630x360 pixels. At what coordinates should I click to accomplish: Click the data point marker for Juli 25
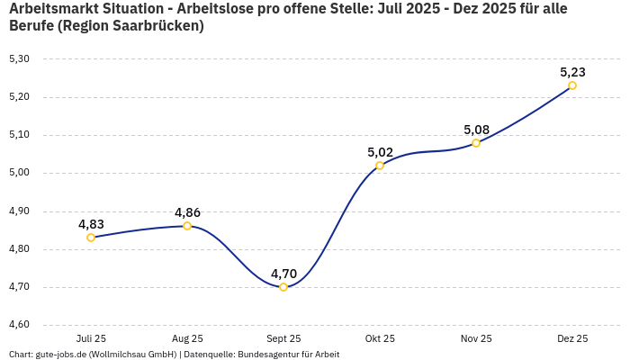click(91, 238)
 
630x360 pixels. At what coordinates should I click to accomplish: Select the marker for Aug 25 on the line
click(187, 226)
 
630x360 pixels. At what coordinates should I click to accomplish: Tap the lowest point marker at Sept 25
click(283, 287)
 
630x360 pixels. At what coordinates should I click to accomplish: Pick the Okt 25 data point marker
click(380, 166)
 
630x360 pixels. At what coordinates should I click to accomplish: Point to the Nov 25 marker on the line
click(476, 143)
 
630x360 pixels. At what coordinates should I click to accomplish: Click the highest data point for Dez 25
click(572, 85)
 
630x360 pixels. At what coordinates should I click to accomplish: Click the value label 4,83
click(91, 224)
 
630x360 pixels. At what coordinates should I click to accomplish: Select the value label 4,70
click(283, 274)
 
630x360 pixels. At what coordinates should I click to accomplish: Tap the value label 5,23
click(572, 72)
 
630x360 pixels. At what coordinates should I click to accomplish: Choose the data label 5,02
click(380, 152)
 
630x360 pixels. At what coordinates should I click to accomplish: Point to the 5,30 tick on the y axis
click(19, 59)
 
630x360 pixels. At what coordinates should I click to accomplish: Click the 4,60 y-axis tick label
click(19, 325)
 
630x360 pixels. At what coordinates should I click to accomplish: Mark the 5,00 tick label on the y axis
click(19, 173)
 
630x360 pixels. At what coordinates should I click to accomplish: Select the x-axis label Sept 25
click(283, 339)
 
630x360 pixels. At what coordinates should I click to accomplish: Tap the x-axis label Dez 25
click(572, 339)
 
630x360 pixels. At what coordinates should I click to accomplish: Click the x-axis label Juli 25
click(91, 339)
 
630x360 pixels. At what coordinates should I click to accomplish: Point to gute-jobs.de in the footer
click(62, 355)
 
